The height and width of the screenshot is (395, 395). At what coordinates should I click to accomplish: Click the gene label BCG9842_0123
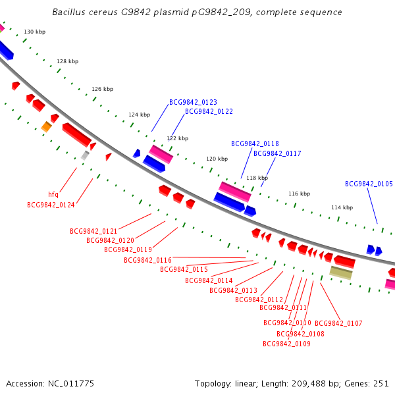tap(193, 102)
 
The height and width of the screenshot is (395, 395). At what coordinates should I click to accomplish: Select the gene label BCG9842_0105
tap(369, 184)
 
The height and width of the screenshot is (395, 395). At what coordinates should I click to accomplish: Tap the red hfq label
tap(53, 194)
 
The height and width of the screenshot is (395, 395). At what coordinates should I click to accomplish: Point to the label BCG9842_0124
tap(51, 205)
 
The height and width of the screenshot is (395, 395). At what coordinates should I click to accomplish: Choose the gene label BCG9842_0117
tap(277, 153)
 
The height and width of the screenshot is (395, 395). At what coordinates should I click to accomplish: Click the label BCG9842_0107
tap(338, 323)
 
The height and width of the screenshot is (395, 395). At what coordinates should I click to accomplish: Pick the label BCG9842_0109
tap(286, 344)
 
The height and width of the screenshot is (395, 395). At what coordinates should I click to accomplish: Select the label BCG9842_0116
tap(147, 260)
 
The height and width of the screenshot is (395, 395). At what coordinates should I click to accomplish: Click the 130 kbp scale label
tap(34, 32)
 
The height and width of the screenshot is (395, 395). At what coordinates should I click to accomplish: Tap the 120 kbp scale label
tap(217, 159)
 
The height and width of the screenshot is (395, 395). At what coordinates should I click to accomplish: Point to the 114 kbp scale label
tap(342, 207)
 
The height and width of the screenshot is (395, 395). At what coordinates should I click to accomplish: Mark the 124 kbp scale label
tap(139, 115)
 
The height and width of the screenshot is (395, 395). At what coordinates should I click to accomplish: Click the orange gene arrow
tap(46, 126)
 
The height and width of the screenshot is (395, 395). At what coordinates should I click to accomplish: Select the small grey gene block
tap(84, 155)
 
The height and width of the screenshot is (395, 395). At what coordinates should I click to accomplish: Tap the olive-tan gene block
tap(341, 273)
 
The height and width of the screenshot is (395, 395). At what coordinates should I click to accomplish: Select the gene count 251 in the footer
tap(382, 383)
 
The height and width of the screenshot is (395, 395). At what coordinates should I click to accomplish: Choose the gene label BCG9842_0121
tap(93, 231)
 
